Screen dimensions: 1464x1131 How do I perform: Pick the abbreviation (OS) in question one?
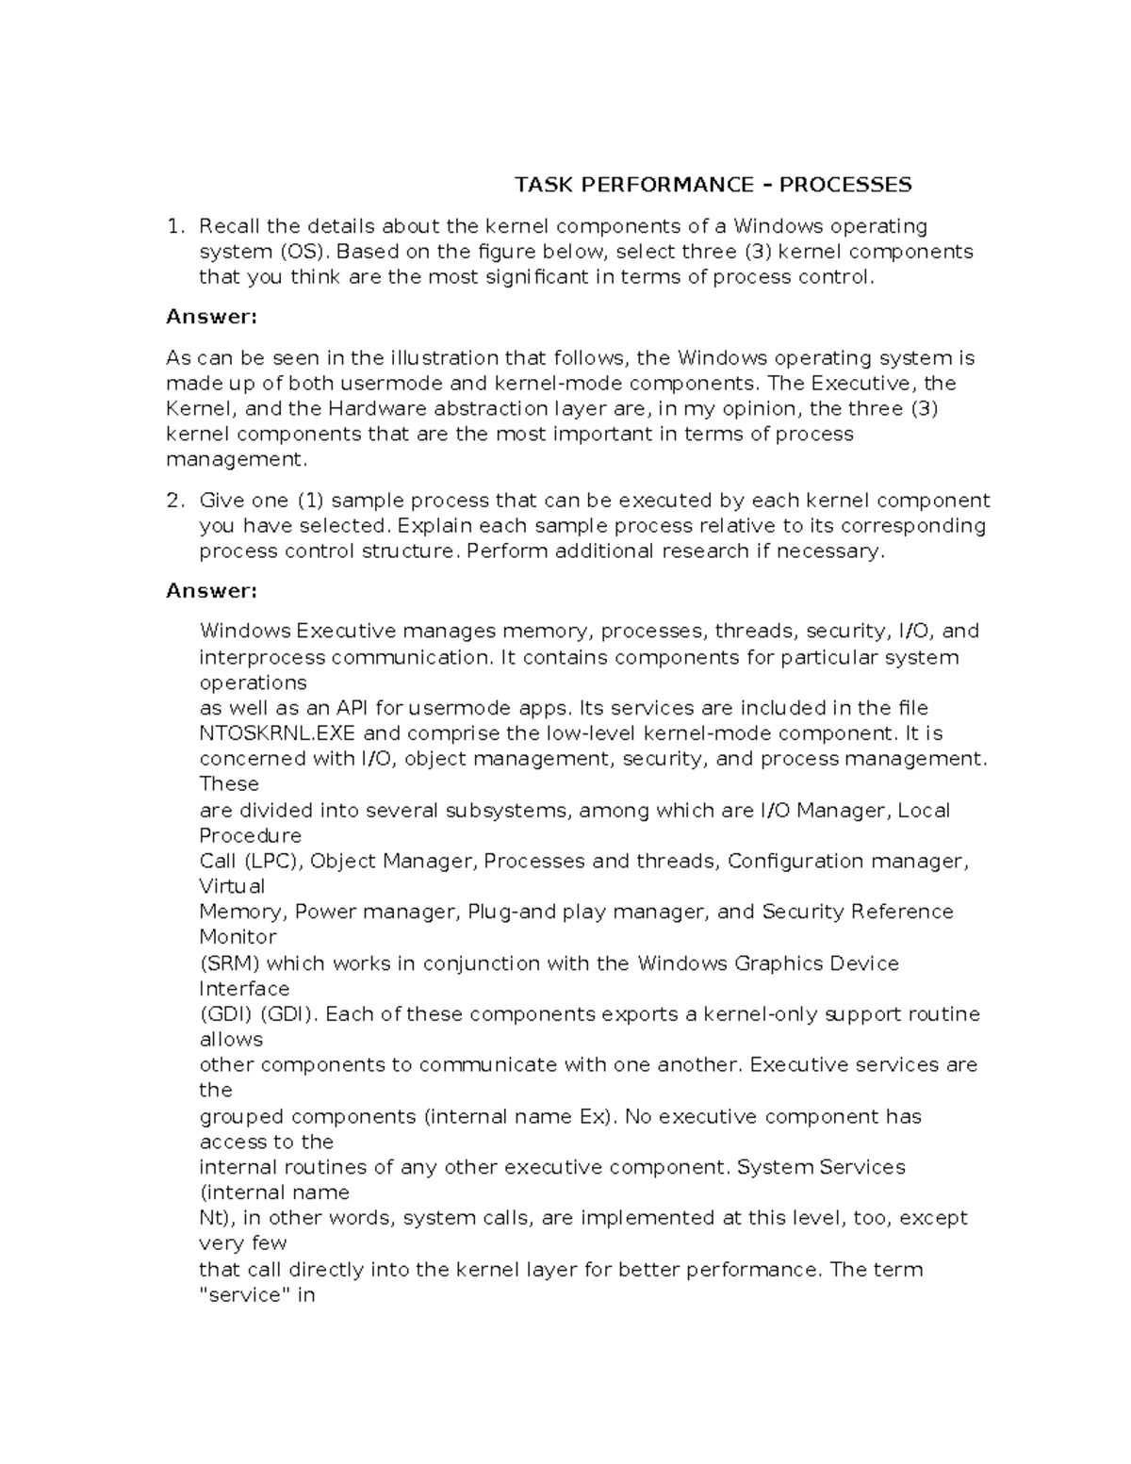(303, 252)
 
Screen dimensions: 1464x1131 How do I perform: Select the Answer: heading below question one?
(211, 317)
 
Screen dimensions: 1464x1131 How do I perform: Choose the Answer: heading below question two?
(211, 591)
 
